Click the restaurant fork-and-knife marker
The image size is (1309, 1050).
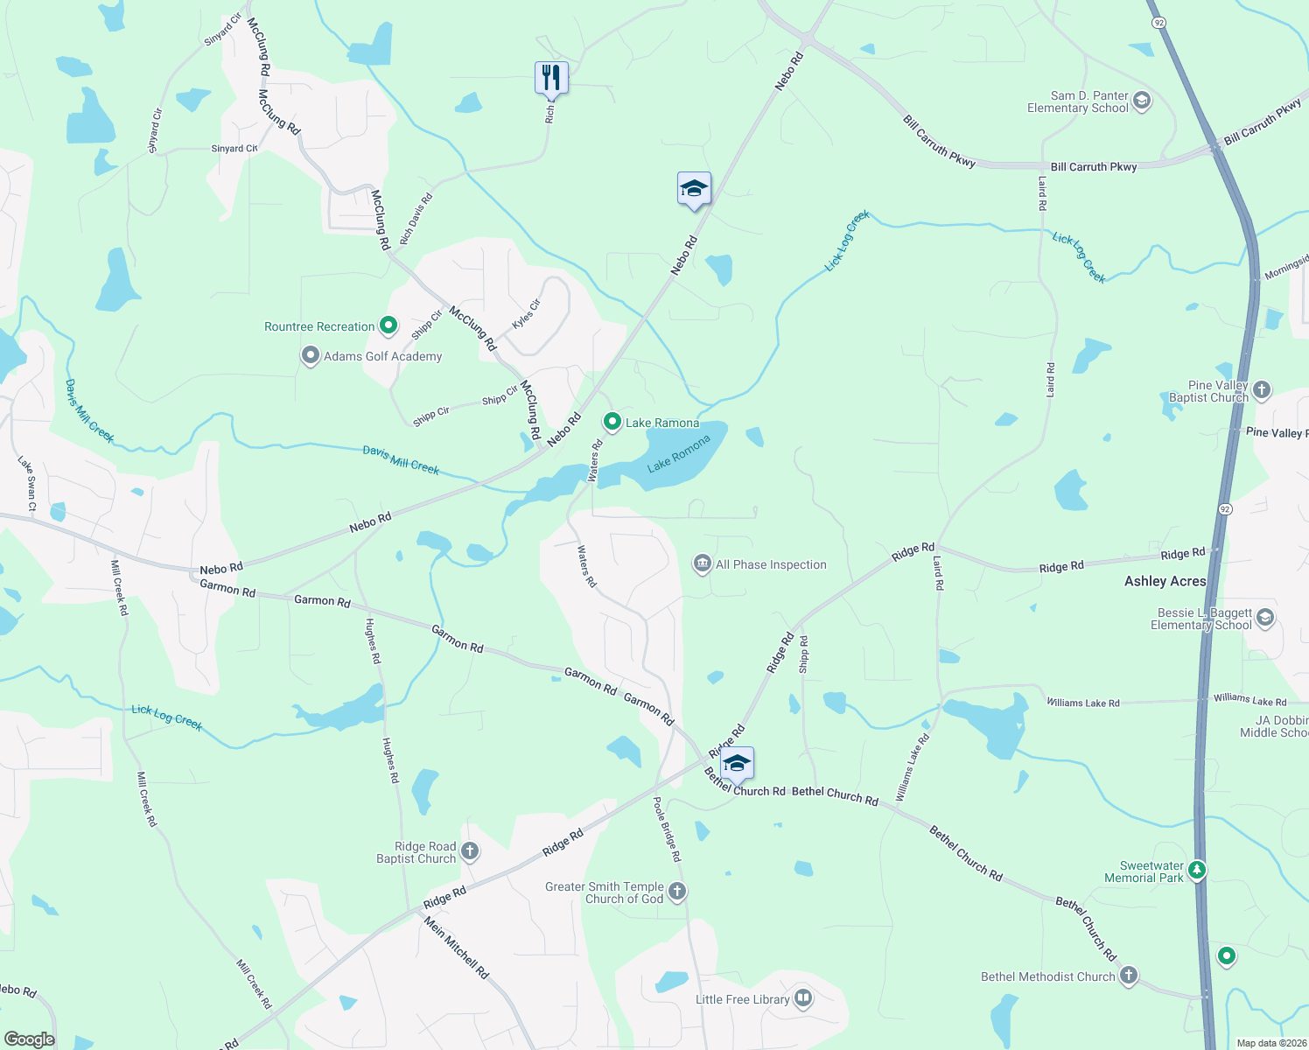[551, 78]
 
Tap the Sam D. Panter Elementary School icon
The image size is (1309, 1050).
[1141, 101]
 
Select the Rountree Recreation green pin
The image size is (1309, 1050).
[388, 326]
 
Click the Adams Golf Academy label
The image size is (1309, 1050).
[382, 356]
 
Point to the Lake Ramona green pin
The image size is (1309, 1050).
[612, 422]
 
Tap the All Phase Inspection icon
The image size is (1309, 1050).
[702, 564]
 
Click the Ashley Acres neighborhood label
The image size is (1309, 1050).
[1165, 581]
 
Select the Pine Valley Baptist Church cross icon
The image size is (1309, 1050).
[1261, 390]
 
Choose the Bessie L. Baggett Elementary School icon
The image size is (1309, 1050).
[1264, 619]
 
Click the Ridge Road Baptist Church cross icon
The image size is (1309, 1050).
[470, 851]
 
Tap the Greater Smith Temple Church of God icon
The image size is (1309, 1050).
[677, 892]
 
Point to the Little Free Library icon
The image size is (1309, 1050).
[803, 998]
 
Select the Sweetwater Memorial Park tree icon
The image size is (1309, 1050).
[1197, 871]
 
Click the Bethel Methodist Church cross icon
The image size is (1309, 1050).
[1129, 976]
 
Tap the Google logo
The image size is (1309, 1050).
[29, 1039]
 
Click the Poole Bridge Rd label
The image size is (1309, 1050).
[667, 829]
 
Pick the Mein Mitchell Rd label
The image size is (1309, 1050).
[457, 947]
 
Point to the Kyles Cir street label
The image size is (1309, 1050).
[526, 313]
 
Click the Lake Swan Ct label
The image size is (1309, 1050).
[27, 483]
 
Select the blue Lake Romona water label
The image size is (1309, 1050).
[679, 454]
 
